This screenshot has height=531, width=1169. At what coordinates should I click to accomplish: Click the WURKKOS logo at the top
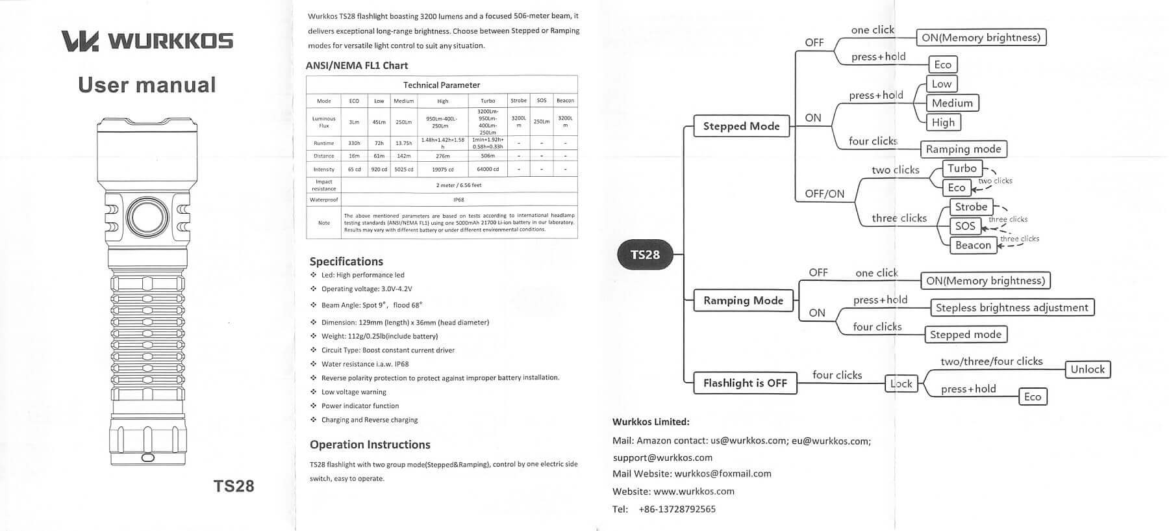(x=147, y=40)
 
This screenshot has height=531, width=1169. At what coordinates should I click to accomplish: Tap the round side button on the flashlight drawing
(x=147, y=216)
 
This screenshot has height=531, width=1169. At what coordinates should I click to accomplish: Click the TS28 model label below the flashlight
(x=234, y=486)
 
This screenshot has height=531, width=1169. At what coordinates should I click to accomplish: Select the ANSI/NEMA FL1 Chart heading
(x=357, y=66)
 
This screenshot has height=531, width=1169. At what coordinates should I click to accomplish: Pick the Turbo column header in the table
(x=488, y=101)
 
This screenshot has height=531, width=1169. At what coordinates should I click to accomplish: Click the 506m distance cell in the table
(x=488, y=156)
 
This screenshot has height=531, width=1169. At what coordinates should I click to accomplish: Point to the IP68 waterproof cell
(x=459, y=200)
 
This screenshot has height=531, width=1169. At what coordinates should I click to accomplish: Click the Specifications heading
(x=346, y=261)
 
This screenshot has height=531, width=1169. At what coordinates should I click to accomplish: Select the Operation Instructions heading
(x=370, y=445)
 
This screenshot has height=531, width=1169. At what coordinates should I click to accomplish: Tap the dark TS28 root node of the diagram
(x=645, y=255)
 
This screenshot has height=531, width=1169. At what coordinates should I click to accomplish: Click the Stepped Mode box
(x=741, y=126)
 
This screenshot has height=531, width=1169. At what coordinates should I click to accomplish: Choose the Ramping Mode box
(x=743, y=300)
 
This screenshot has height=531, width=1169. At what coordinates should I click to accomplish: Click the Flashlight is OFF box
(x=745, y=383)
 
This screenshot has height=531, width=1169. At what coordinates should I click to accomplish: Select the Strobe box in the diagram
(x=971, y=207)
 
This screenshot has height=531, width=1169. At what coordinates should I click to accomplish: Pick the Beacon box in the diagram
(x=972, y=245)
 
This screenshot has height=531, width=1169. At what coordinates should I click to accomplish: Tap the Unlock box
(x=1087, y=369)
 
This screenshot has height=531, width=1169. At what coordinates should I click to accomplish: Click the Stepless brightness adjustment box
(x=1012, y=307)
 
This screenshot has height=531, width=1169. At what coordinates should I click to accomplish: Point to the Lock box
(x=901, y=383)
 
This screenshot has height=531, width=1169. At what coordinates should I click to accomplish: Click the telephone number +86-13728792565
(x=677, y=509)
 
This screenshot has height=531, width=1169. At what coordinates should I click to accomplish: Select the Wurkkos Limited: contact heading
(x=651, y=422)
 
